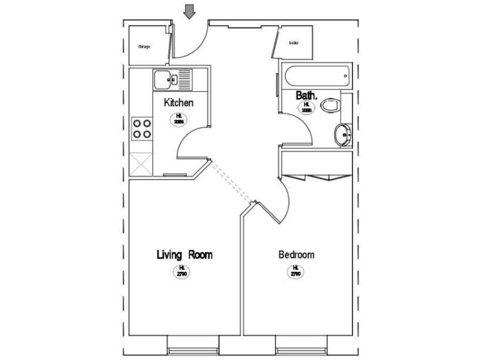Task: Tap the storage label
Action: click(144, 46)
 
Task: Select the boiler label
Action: click(293, 43)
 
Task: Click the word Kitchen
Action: click(178, 102)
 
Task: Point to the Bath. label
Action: click(307, 96)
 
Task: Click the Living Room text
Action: click(184, 255)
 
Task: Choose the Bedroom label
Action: click(296, 255)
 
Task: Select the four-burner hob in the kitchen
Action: click(142, 128)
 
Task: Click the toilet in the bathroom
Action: click(330, 106)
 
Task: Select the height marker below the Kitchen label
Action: click(178, 119)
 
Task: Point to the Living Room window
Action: click(194, 344)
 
